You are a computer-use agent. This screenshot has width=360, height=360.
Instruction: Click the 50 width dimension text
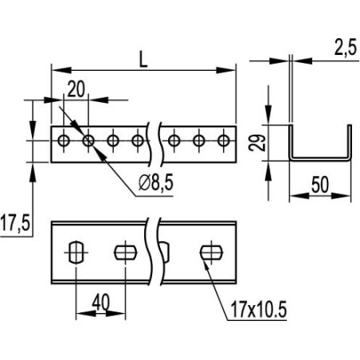[x=320, y=185]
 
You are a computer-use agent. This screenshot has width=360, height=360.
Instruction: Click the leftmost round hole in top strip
[x=64, y=141]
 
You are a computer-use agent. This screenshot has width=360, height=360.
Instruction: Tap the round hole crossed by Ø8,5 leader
[x=88, y=141]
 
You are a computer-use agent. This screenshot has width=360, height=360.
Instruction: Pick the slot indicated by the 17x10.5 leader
[x=209, y=252]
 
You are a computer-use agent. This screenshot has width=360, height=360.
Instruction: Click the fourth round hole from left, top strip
[x=139, y=141]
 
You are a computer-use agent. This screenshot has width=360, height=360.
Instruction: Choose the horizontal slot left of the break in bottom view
[x=125, y=252]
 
